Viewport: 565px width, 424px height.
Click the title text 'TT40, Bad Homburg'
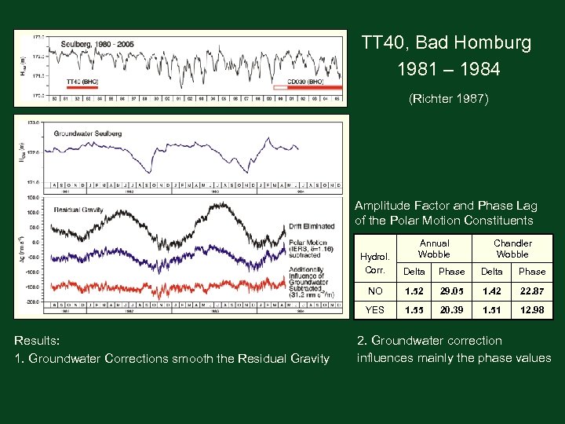coord(446,42)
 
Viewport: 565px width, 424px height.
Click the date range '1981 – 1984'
coord(448,69)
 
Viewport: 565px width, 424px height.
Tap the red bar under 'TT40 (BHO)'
coord(82,88)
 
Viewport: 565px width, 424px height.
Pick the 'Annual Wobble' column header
coord(433,249)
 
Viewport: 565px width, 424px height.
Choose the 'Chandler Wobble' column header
coord(512,249)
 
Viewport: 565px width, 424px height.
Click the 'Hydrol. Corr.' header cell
coord(374,263)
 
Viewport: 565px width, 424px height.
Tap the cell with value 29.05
coord(451,291)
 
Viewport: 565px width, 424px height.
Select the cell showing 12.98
coord(532,309)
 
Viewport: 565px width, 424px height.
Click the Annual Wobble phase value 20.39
coord(451,309)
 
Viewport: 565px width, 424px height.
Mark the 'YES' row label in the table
coord(375,309)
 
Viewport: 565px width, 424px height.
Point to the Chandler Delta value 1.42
coord(492,291)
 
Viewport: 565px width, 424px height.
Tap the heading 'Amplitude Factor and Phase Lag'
coord(446,206)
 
